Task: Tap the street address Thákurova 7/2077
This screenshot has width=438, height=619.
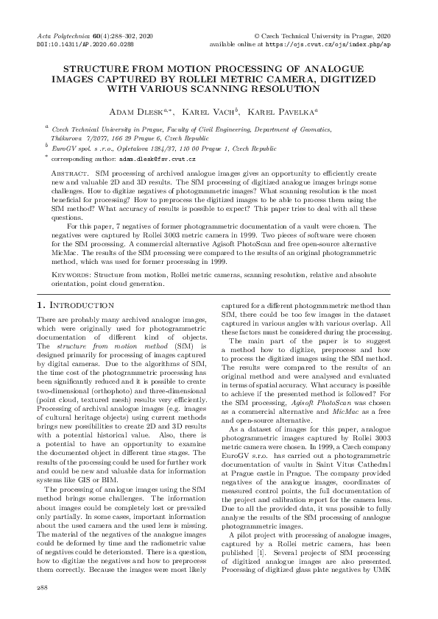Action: pyautogui.click(x=79, y=137)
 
